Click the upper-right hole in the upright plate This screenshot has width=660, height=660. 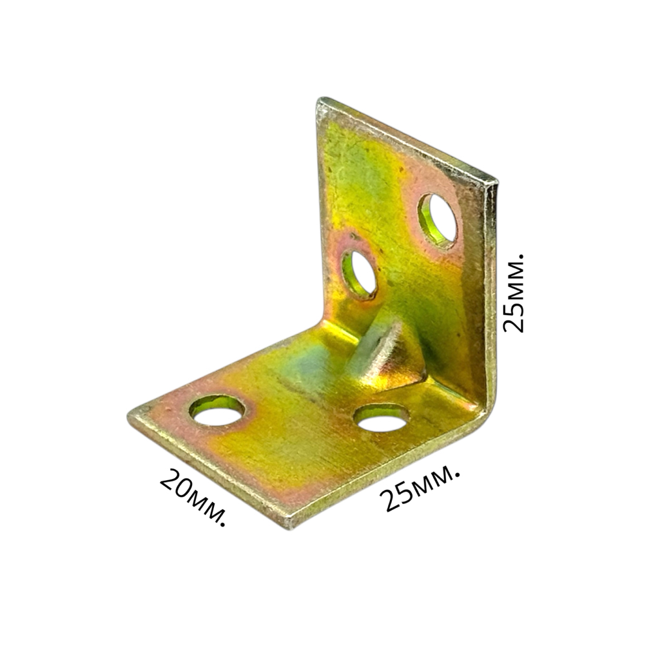(x=438, y=220)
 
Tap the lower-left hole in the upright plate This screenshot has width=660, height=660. (x=359, y=274)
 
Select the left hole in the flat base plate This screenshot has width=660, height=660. (x=217, y=411)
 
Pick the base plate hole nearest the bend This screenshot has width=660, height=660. (x=382, y=418)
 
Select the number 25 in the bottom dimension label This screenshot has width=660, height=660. (x=394, y=498)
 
